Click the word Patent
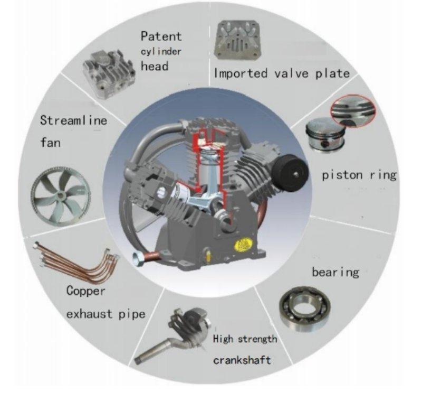tap(161, 36)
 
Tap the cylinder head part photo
tap(109, 73)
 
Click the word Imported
tap(241, 73)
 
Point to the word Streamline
tap(73, 120)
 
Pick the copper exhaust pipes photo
tap(77, 263)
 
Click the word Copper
tap(85, 291)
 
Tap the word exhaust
tap(89, 314)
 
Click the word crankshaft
tap(242, 360)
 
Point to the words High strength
tap(245, 339)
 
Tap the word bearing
tap(335, 273)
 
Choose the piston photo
tap(326, 134)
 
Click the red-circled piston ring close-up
tap(353, 110)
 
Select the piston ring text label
tap(359, 175)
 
